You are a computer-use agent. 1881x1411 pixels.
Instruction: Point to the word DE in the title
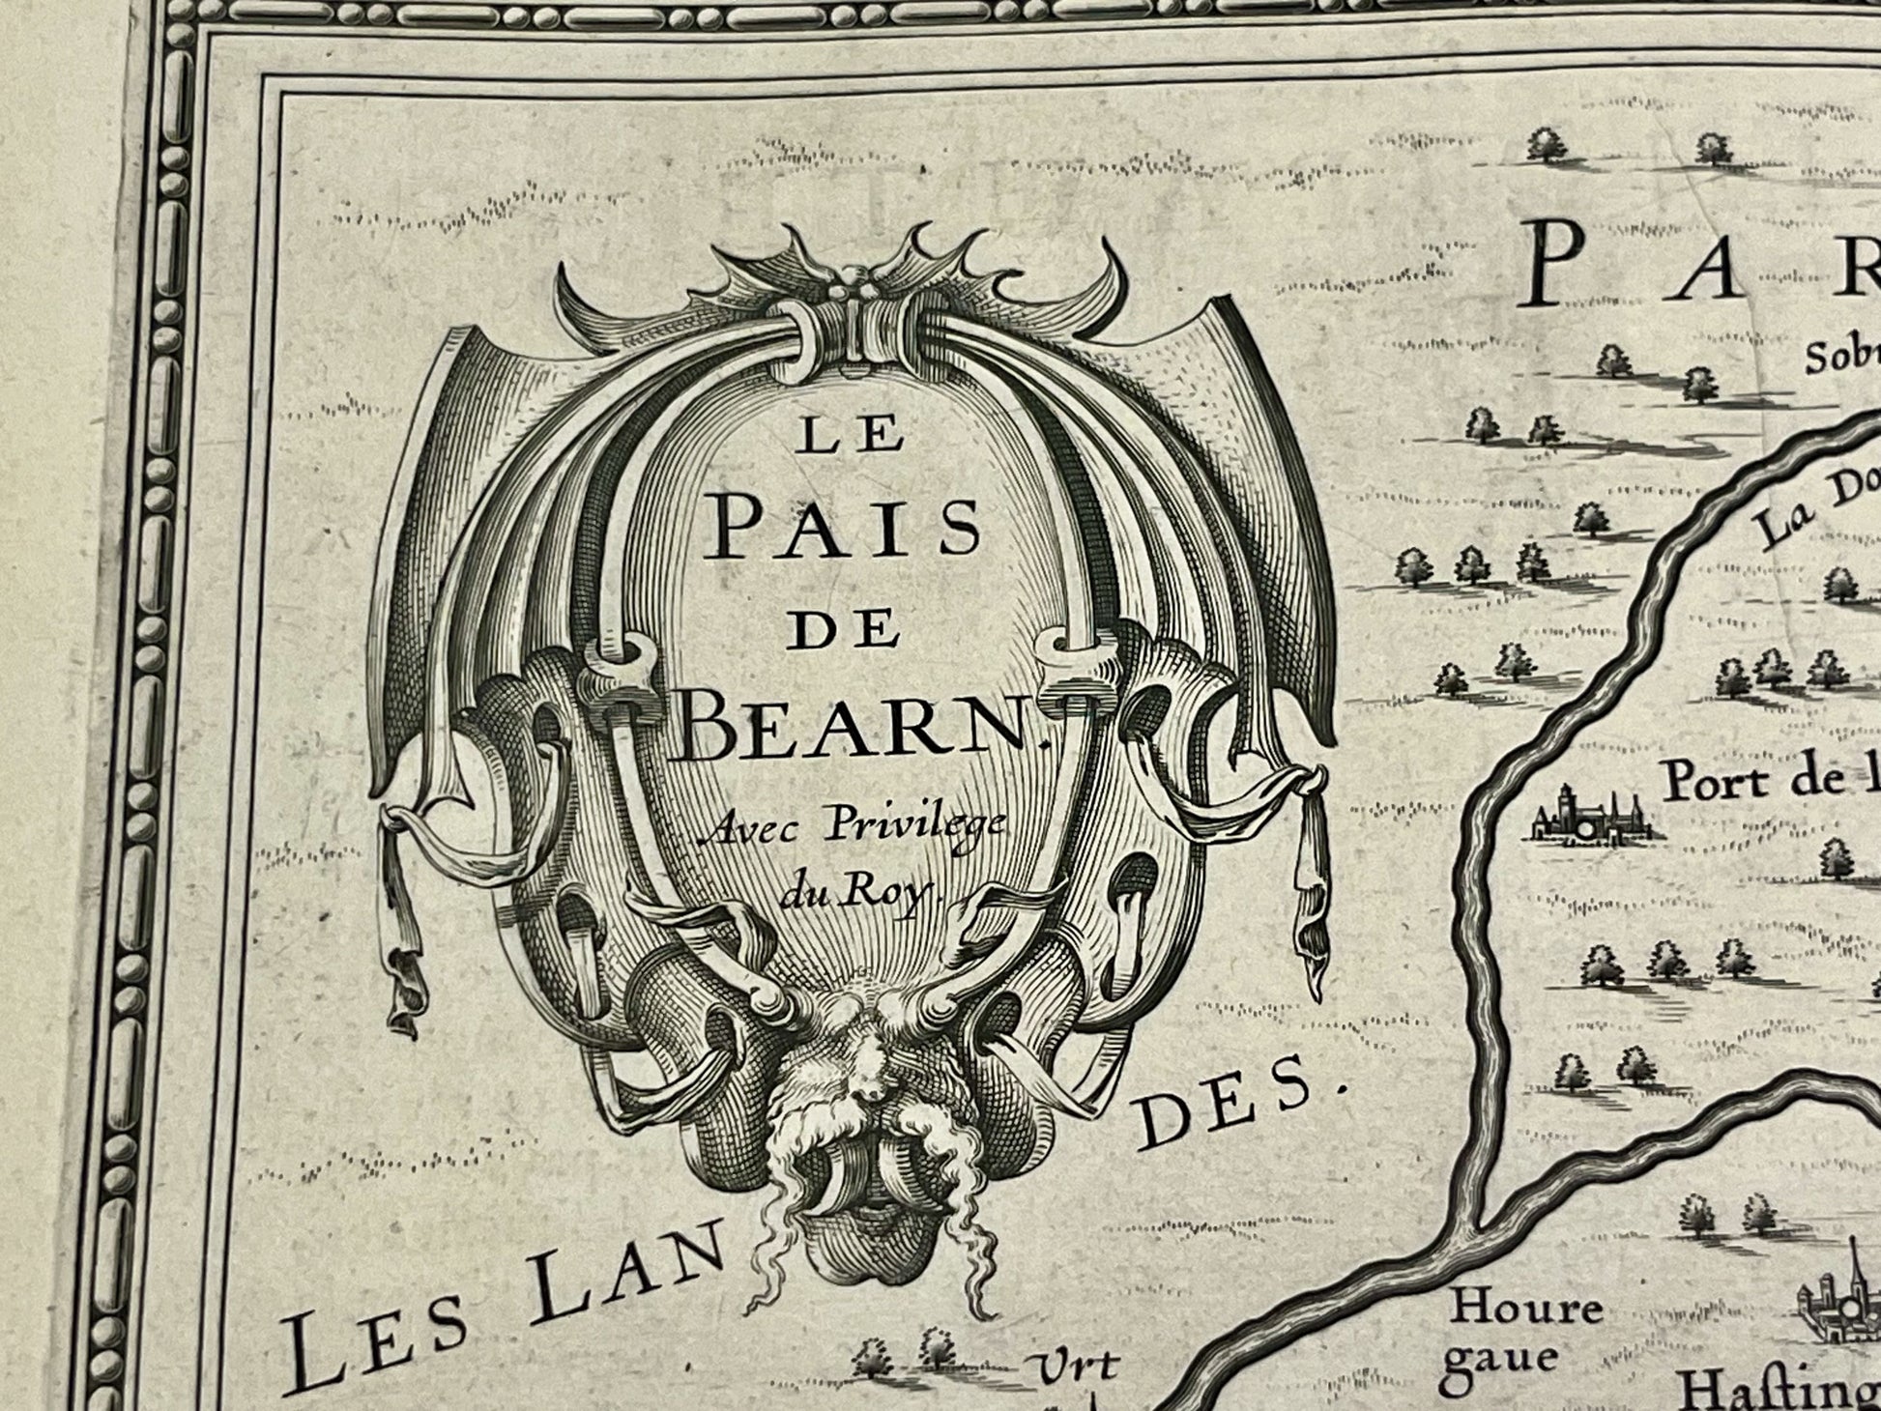pos(843,631)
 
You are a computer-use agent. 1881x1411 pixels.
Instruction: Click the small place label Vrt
pos(1079,1366)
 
